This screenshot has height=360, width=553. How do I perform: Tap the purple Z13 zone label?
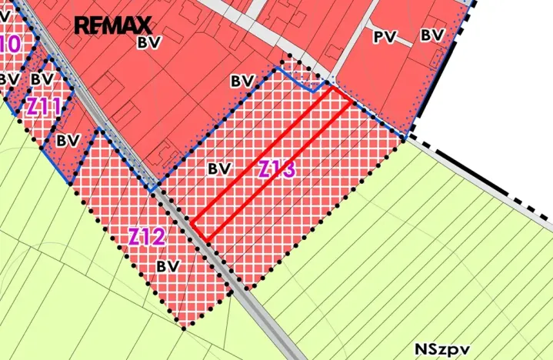click(x=276, y=169)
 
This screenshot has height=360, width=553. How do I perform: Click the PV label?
click(x=385, y=36)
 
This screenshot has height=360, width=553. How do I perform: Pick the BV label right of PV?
click(x=433, y=35)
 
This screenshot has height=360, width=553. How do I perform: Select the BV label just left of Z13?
click(x=220, y=168)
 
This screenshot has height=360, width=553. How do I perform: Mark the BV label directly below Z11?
click(x=68, y=140)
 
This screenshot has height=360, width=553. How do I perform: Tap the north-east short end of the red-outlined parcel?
click(x=341, y=95)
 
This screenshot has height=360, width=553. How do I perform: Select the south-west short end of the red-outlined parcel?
click(x=199, y=228)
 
